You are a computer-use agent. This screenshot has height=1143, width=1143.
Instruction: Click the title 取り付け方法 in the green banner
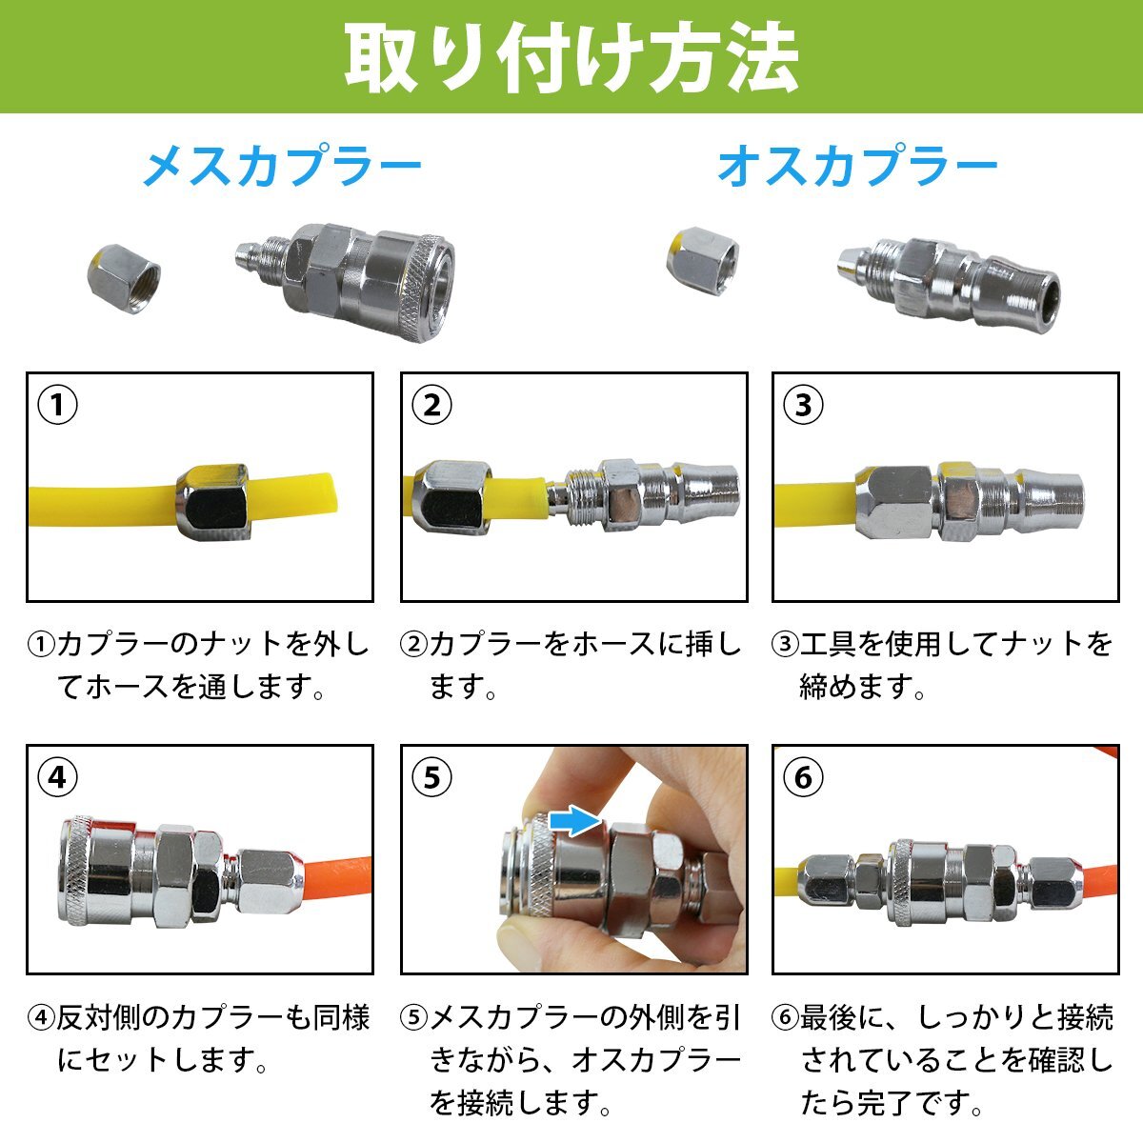click(x=571, y=57)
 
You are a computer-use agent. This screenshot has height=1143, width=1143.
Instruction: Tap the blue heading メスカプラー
click(x=282, y=166)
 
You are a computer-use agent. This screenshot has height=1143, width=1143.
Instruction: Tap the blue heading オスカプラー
click(x=857, y=166)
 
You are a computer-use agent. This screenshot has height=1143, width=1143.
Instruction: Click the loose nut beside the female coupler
click(x=124, y=278)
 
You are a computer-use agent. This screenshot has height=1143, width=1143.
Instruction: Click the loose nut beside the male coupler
click(x=703, y=260)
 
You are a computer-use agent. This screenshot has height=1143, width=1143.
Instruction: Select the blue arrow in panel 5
click(x=575, y=822)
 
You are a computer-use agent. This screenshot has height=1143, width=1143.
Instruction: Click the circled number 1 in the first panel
click(x=57, y=405)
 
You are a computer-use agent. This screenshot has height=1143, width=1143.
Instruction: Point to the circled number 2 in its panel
click(x=431, y=405)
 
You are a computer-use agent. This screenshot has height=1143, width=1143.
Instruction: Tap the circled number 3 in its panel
click(x=803, y=405)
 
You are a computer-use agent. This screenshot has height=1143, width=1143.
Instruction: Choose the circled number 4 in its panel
click(x=57, y=777)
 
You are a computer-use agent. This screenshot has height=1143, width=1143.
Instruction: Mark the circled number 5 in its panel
click(x=431, y=777)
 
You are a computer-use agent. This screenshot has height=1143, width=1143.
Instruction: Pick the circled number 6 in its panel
click(x=803, y=777)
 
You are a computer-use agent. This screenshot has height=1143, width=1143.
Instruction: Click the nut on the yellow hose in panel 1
click(x=212, y=502)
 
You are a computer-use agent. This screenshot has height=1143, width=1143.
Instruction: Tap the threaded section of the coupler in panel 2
click(x=584, y=497)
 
